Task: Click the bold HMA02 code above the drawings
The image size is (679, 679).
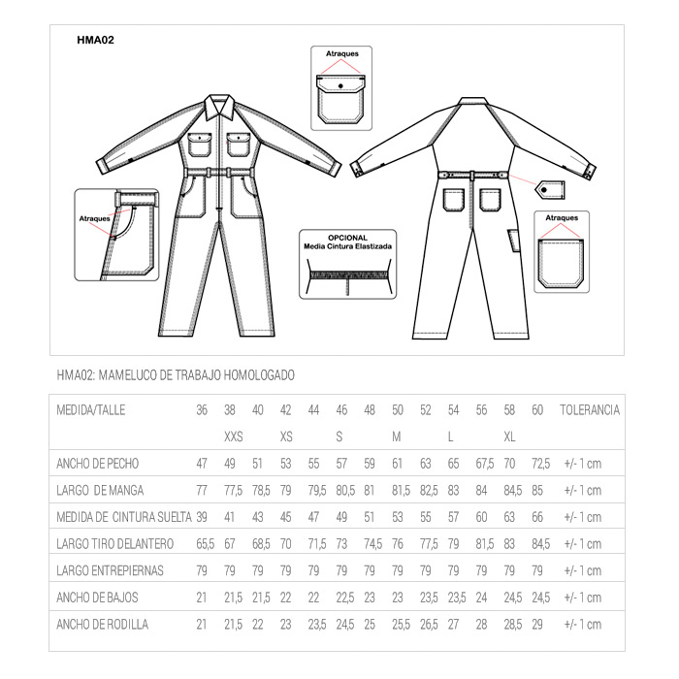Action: (96, 41)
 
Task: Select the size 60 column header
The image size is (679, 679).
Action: (538, 410)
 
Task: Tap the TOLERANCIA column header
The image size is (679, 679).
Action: (589, 410)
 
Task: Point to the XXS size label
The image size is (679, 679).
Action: (233, 436)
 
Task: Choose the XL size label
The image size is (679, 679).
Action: (510, 436)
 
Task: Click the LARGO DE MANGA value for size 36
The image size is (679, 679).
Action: (202, 490)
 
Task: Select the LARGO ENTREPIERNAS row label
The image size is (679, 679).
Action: (110, 570)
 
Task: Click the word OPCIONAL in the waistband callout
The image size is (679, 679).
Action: (347, 238)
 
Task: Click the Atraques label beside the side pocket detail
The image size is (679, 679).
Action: (93, 219)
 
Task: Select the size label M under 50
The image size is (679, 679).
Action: (397, 436)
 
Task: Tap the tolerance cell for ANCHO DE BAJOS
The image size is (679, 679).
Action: (583, 598)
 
